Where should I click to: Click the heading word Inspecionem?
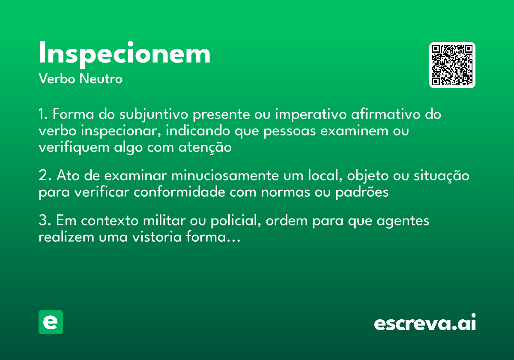tap(125, 54)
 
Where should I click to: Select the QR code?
tap(452, 65)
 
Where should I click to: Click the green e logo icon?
tap(51, 322)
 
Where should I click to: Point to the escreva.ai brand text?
tap(425, 323)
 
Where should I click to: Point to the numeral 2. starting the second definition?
tap(45, 176)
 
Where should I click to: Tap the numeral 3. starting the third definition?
tap(45, 221)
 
